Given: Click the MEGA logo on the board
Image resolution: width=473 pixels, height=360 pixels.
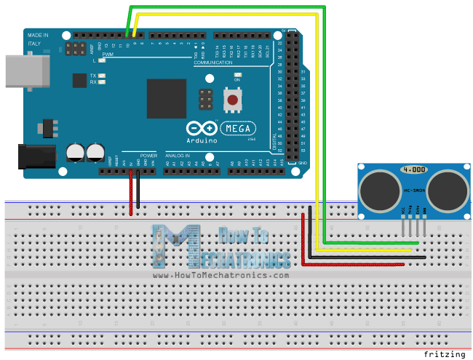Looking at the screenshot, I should click(x=237, y=129).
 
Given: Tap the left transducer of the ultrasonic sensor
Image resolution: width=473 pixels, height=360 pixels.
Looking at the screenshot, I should click(x=376, y=188).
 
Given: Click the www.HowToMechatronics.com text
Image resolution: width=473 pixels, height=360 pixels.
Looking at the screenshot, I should click(x=221, y=276).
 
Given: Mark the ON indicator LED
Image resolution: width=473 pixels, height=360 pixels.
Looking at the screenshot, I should click(x=236, y=75).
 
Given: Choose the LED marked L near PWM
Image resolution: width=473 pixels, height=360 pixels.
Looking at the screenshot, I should click(x=101, y=61).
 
